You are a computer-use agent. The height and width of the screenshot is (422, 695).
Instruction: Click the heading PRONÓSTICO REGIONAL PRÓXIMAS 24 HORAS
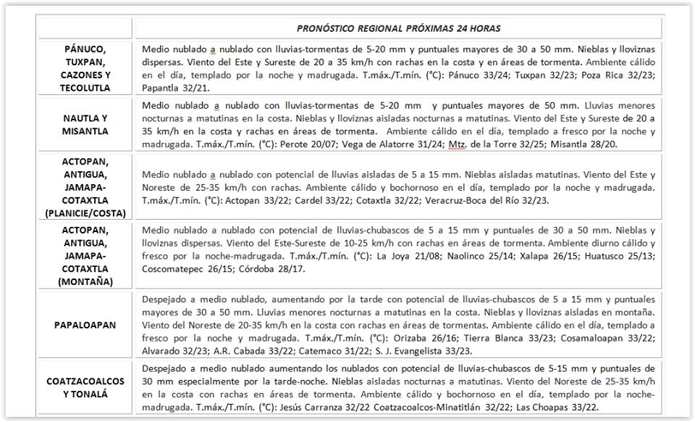tap(398, 28)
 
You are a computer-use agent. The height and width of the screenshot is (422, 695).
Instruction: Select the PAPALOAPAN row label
tap(85, 326)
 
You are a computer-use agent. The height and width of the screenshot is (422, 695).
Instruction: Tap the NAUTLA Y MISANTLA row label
tap(85, 125)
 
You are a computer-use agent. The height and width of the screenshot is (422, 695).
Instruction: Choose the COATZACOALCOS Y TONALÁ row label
tap(85, 387)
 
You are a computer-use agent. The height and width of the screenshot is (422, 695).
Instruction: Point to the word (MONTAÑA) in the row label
tap(85, 281)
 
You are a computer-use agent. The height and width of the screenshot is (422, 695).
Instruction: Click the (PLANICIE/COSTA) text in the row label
tap(85, 212)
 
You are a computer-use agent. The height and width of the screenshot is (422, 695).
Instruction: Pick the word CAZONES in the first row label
tap(85, 75)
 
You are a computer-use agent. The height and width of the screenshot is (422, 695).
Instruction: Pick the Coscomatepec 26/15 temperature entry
tap(193, 269)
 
